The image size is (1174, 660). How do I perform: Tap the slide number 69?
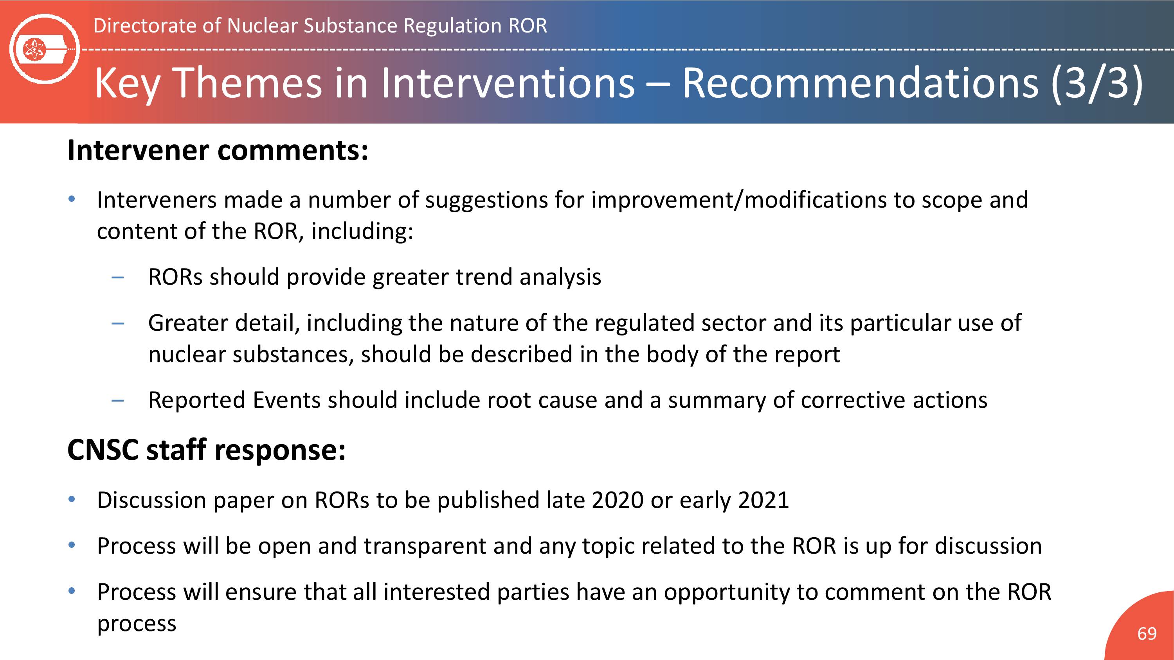point(1147,633)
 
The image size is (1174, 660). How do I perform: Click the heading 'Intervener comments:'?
point(218,150)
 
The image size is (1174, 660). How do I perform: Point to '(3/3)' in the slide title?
point(1097,83)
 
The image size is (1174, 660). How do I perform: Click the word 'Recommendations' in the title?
point(859,82)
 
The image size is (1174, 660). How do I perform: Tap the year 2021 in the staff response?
point(763,500)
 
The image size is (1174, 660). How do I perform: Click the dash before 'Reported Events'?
point(117,401)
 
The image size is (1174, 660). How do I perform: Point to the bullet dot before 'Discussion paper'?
point(71,499)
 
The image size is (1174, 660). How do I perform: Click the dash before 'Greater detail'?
point(117,323)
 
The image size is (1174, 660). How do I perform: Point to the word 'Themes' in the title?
point(248,82)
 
